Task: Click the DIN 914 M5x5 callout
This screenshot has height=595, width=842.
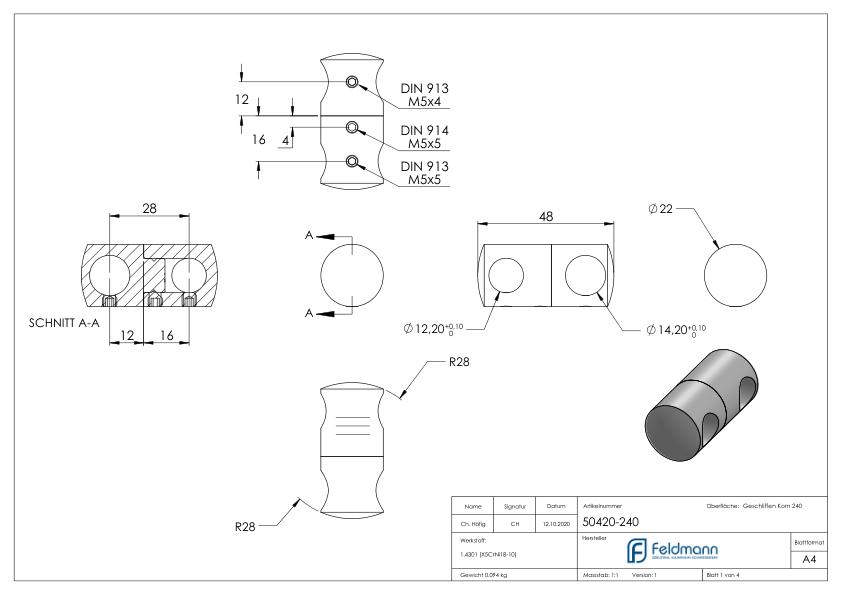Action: pos(424,137)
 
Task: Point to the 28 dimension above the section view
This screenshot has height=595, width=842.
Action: pos(150,207)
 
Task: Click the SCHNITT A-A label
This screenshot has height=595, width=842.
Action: pos(65,323)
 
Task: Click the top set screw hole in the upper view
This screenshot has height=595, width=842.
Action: pos(351,82)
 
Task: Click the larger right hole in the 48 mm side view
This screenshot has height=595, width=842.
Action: pos(584,275)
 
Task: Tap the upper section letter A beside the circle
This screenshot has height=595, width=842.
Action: pos(310,235)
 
